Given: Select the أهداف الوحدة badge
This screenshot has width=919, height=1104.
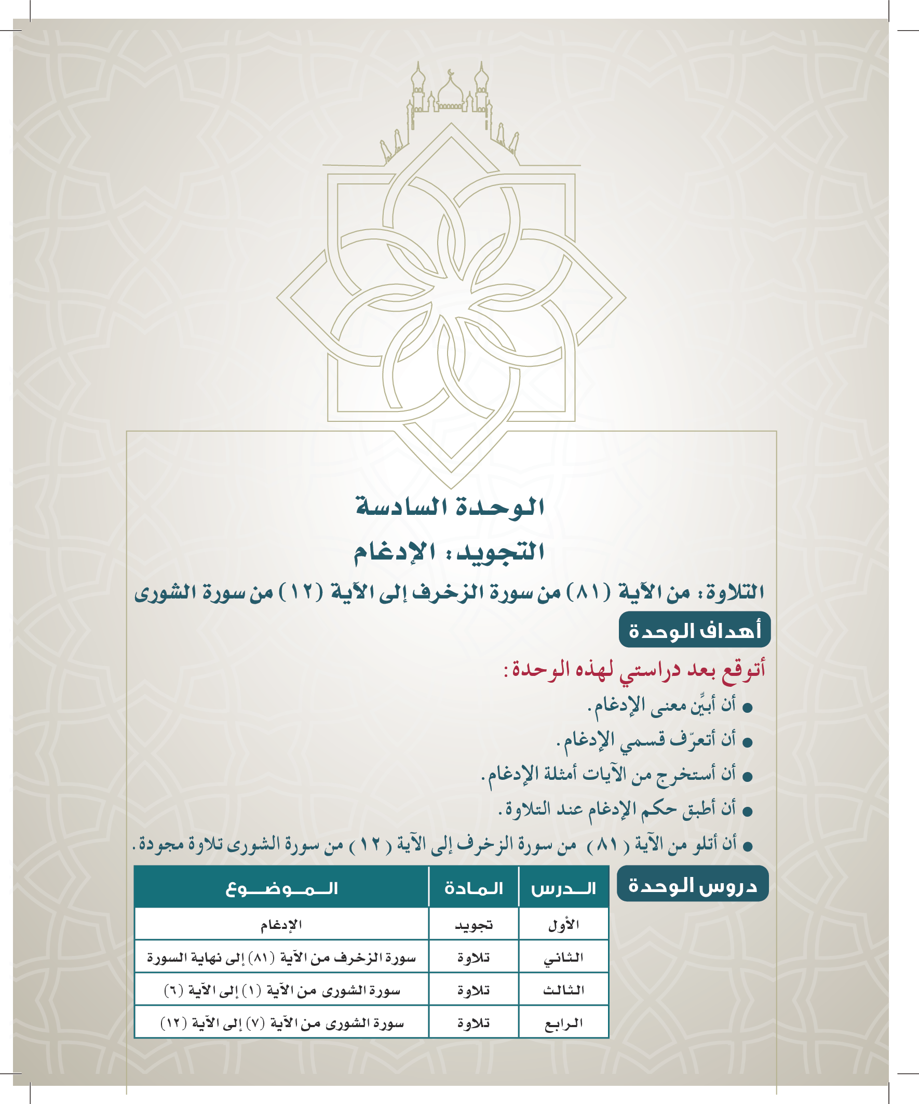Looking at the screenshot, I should click(x=695, y=630).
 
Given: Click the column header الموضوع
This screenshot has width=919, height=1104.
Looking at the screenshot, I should click(x=281, y=889).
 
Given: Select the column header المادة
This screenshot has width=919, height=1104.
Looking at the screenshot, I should click(x=474, y=889).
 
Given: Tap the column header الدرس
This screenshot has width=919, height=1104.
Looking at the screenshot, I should click(x=563, y=889).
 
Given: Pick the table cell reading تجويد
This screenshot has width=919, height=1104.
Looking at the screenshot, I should click(x=474, y=925).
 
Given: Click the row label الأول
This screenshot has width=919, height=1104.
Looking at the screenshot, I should click(x=563, y=925).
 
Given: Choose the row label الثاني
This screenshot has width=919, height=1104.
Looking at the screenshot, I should click(x=563, y=958).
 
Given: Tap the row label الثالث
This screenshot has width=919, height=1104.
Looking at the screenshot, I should click(x=563, y=990).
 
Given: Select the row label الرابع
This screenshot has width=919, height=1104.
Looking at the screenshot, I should click(x=563, y=1023).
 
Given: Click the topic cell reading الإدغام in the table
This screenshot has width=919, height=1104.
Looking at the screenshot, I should click(x=281, y=925).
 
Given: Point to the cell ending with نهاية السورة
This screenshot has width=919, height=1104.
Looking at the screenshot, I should click(x=281, y=958).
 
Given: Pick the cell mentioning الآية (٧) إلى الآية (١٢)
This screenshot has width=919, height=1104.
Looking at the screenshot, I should click(x=281, y=1023).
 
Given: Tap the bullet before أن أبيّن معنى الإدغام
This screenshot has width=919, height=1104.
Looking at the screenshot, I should click(x=747, y=709).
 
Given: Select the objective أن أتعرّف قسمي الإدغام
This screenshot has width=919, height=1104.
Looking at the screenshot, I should click(x=646, y=740).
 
